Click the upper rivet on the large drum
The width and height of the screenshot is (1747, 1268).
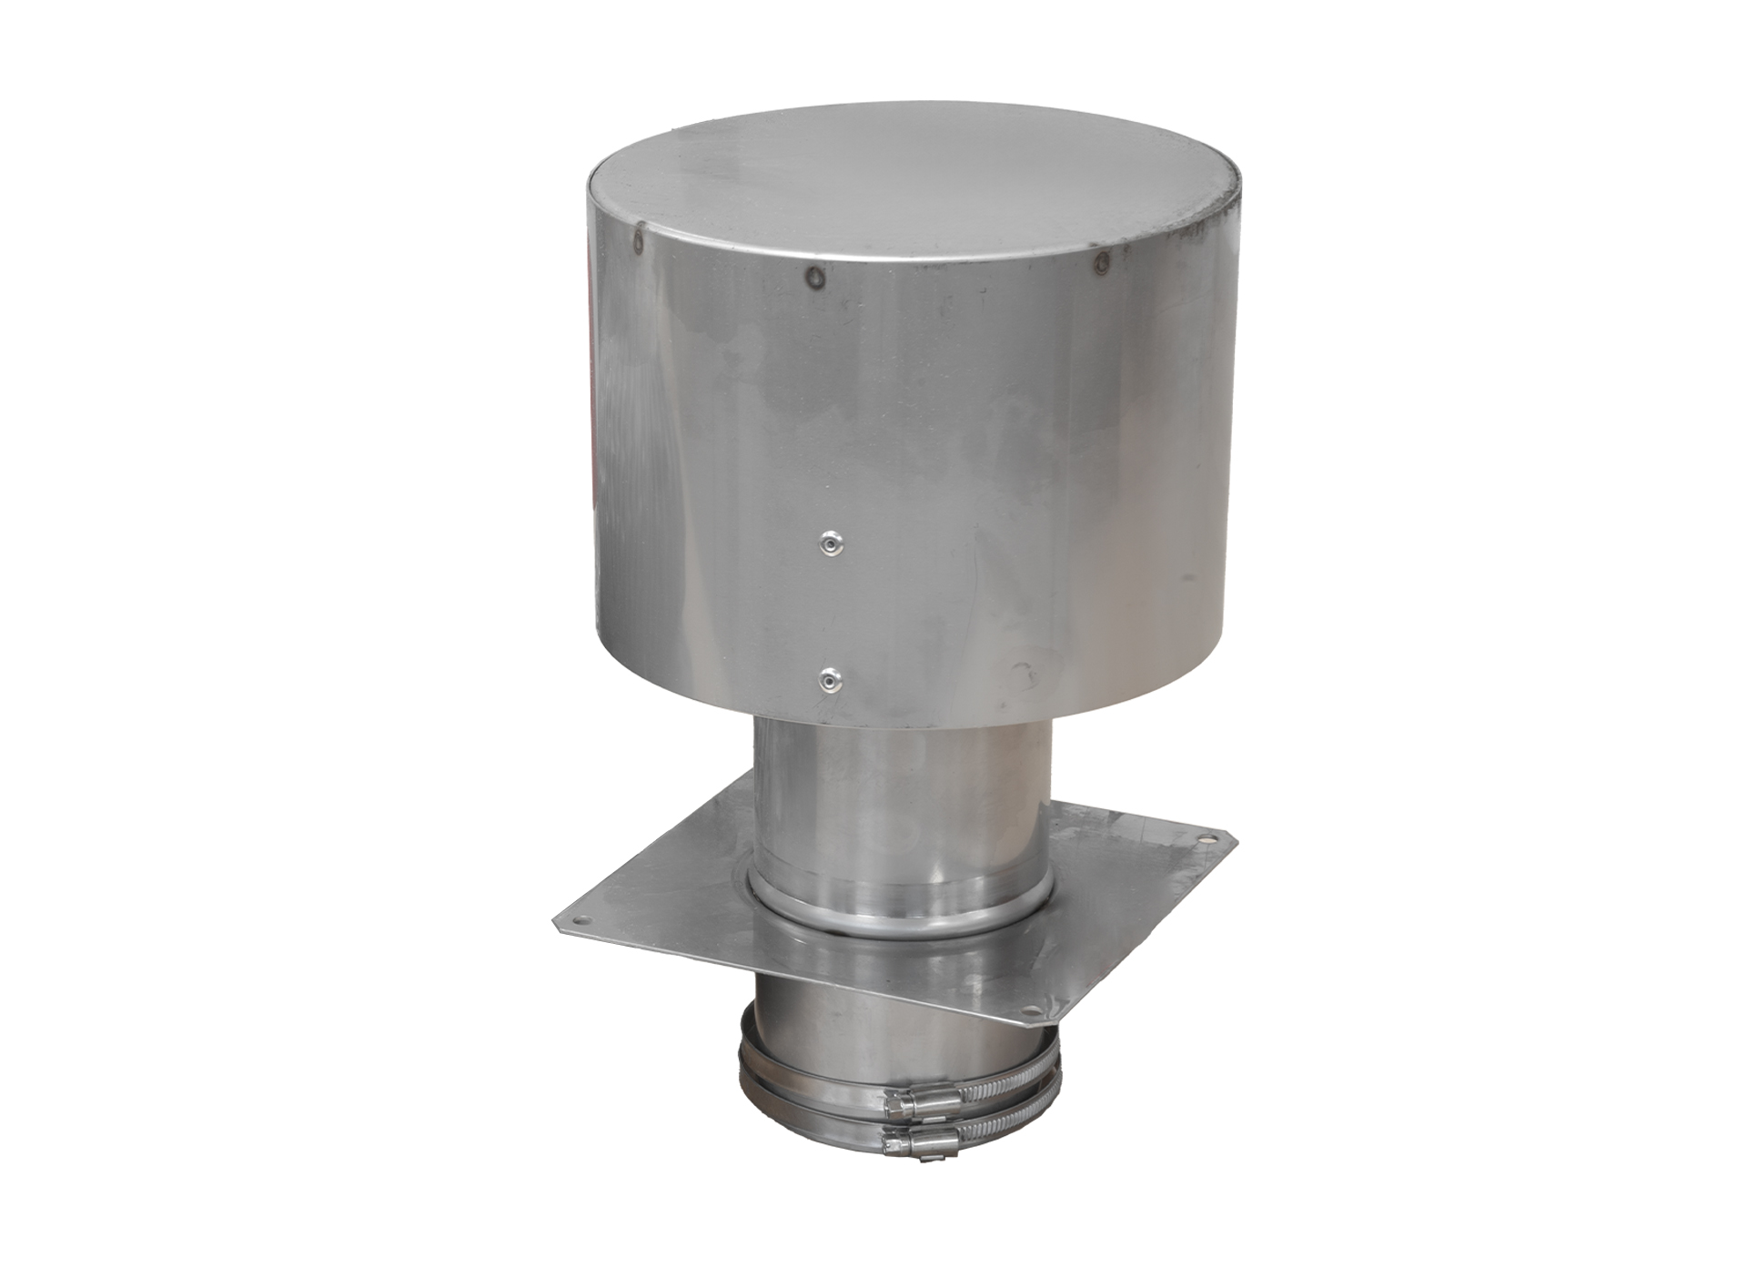(830, 543)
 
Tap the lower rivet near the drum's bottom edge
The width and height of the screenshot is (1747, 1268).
(829, 679)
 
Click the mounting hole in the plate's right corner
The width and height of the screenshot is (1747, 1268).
(1204, 841)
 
